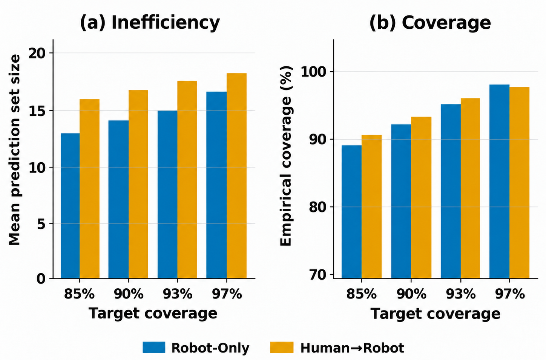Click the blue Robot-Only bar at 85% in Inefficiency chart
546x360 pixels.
point(70,206)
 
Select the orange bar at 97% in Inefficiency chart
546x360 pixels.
point(236,176)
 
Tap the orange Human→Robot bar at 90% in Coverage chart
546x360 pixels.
point(421,198)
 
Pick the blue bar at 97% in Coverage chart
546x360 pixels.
point(499,182)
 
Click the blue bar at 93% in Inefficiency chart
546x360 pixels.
point(167,194)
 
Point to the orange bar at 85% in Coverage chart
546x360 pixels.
point(371,206)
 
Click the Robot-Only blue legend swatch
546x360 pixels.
point(154,347)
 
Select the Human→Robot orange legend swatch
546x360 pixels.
point(282,347)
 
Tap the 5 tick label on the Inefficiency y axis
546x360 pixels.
point(41,224)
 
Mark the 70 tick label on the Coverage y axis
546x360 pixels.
point(317,275)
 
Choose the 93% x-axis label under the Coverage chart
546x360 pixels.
point(461,294)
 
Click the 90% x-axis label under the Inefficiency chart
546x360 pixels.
point(129,294)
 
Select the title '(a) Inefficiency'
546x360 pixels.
point(150,23)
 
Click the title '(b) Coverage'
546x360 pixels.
point(430,23)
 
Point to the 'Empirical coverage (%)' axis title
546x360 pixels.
point(286,155)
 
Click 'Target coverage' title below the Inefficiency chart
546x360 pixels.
point(153,313)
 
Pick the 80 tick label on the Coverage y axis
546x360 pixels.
point(317,207)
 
